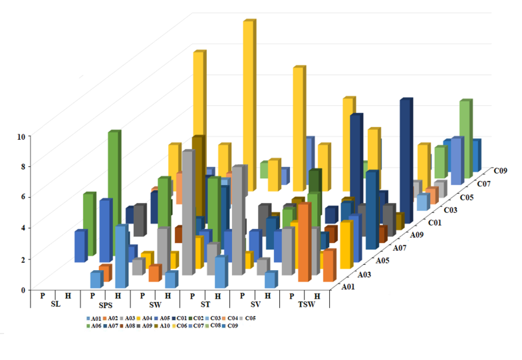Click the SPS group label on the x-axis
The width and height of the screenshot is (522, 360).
[x=104, y=305]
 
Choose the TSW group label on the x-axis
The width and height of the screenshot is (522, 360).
[x=304, y=305]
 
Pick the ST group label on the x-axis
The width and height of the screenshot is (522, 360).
[x=204, y=305]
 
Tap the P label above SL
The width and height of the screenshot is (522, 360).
[x=43, y=295]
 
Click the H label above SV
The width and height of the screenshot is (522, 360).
[x=267, y=295]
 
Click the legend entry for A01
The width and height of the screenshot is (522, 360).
[x=94, y=318]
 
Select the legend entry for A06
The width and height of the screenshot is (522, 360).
[x=94, y=327]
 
